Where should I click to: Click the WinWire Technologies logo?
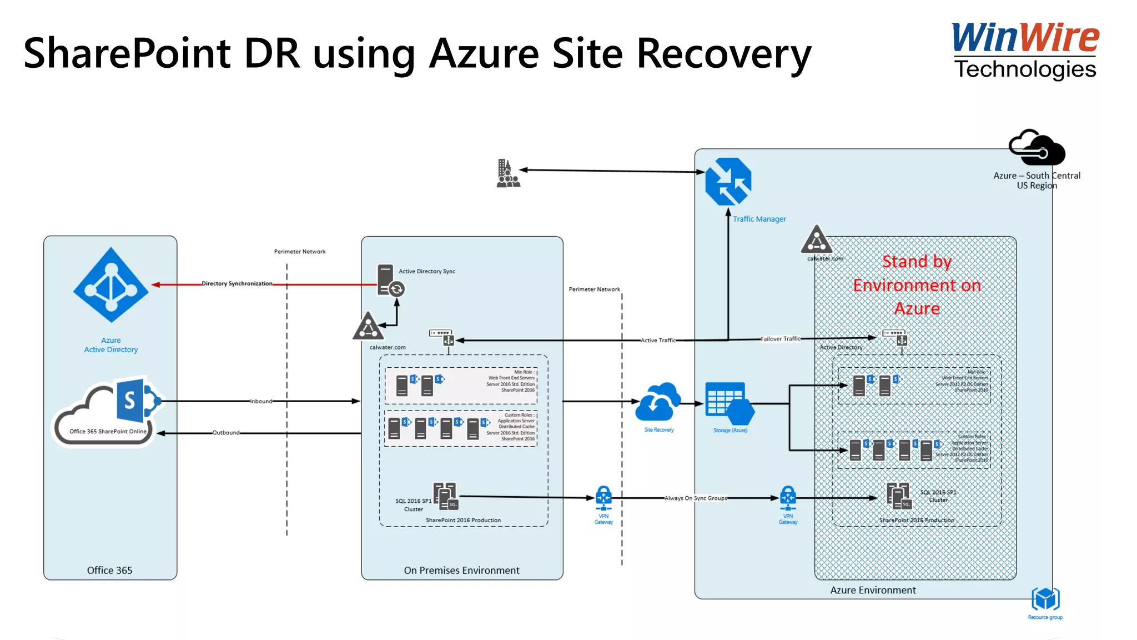pos(1025,50)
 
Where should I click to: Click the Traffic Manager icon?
pos(728,182)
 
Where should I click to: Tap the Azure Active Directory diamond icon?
pos(111,285)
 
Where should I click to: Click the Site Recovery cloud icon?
pos(658,402)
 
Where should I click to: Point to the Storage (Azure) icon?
pos(729,403)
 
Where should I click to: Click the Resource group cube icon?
pos(1045,599)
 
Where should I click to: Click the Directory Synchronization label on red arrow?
pos(237,284)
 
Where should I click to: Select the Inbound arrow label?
pos(261,401)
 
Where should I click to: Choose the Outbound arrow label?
pos(226,433)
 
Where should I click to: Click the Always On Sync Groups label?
pos(696,498)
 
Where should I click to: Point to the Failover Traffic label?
pos(780,339)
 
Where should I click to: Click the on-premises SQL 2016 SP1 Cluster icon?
pos(445,496)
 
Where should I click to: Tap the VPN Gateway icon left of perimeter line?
pos(603,498)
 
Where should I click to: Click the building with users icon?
pos(507,173)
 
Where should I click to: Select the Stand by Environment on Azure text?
pos(917,285)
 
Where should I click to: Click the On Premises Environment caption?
pos(461,571)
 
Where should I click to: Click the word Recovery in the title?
pos(723,54)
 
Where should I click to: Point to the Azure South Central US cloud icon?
pos(1036,148)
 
